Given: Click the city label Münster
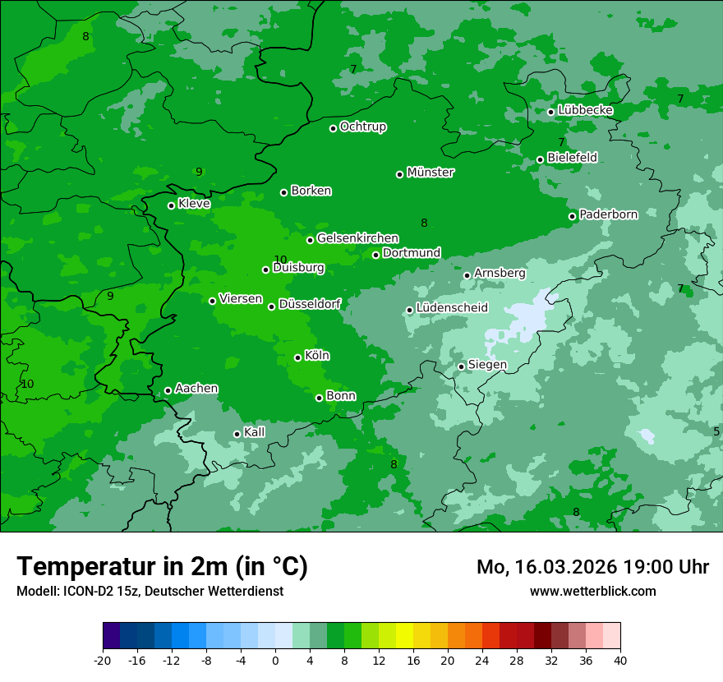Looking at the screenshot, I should [431, 173].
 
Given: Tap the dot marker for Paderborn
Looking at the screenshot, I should [573, 216].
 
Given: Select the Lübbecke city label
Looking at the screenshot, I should [585, 110].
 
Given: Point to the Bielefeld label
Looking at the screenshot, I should [572, 157].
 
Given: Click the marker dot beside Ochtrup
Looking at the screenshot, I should [334, 128].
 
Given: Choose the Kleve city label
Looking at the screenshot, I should [194, 203].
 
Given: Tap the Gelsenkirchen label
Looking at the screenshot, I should [357, 238].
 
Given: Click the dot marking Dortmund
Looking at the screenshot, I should [376, 255].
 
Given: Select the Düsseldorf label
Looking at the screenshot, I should [309, 304].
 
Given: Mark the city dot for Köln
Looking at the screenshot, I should [298, 357].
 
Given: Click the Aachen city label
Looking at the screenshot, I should [196, 389].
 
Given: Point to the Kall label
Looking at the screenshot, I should [255, 432].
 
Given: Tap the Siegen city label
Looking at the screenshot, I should [487, 365].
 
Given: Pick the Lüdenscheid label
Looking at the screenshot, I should [452, 308].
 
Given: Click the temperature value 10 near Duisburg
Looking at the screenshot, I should [280, 260].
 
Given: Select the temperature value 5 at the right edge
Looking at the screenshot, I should [716, 431].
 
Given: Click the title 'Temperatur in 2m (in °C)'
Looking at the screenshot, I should [163, 567].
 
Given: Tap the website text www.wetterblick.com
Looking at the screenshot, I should [592, 591].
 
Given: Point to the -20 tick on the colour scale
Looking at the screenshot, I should [103, 660].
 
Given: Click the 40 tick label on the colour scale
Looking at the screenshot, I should [620, 660].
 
